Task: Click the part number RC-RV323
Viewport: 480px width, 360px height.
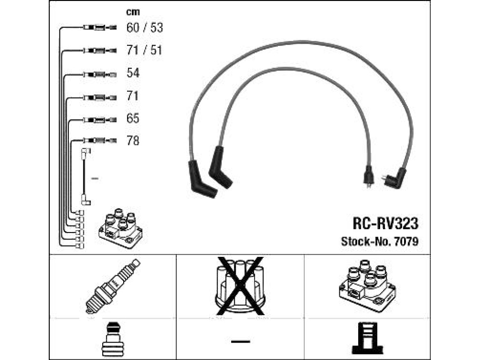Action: point(385,223)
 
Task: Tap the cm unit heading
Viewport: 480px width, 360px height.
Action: point(133,12)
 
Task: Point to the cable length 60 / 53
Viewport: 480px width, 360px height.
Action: point(144,28)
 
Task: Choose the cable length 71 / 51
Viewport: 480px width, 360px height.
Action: point(144,50)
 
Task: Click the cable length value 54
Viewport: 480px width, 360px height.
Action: point(133,73)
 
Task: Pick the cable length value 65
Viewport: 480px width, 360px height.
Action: point(133,118)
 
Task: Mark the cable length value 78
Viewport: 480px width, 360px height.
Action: point(133,141)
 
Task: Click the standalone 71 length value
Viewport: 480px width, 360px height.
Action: point(133,96)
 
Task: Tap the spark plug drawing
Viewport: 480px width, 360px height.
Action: point(112,286)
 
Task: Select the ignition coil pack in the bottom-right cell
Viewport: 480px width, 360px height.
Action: point(367,286)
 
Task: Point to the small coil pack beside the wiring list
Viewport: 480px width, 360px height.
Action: point(120,228)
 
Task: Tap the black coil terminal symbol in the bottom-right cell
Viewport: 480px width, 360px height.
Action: point(367,338)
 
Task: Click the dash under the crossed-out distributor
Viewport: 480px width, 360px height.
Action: point(240,341)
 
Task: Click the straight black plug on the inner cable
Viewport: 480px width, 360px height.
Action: point(368,176)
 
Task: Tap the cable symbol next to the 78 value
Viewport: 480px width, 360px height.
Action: point(100,141)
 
